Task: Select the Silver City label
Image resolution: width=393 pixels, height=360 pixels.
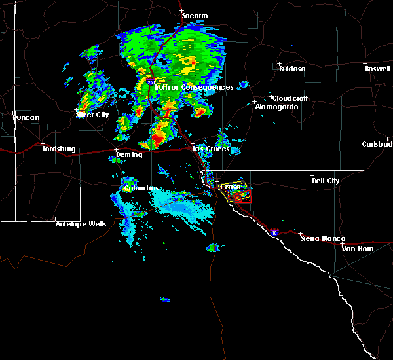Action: pyautogui.click(x=92, y=115)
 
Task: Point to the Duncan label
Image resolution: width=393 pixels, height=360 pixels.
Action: pyautogui.click(x=26, y=118)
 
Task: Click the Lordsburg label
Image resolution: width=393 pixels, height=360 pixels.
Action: pyautogui.click(x=60, y=149)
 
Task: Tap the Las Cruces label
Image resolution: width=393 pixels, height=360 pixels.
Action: pyautogui.click(x=210, y=149)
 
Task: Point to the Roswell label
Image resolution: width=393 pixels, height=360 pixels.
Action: pyautogui.click(x=379, y=69)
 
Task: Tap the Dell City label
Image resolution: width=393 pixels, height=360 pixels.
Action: pyautogui.click(x=326, y=181)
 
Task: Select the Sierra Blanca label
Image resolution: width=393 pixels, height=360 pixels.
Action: pyautogui.click(x=322, y=239)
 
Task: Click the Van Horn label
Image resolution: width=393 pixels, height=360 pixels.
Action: pyautogui.click(x=357, y=248)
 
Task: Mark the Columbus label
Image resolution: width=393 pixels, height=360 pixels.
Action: pyautogui.click(x=141, y=189)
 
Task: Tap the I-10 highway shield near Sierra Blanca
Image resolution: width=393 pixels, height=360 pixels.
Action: pyautogui.click(x=272, y=232)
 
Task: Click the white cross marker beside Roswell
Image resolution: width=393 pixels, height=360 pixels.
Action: pyautogui.click(x=367, y=64)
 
